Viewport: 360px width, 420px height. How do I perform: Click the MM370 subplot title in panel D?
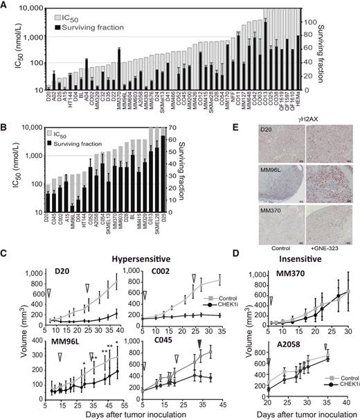tap(280, 270)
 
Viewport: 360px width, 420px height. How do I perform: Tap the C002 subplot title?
tap(153, 270)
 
